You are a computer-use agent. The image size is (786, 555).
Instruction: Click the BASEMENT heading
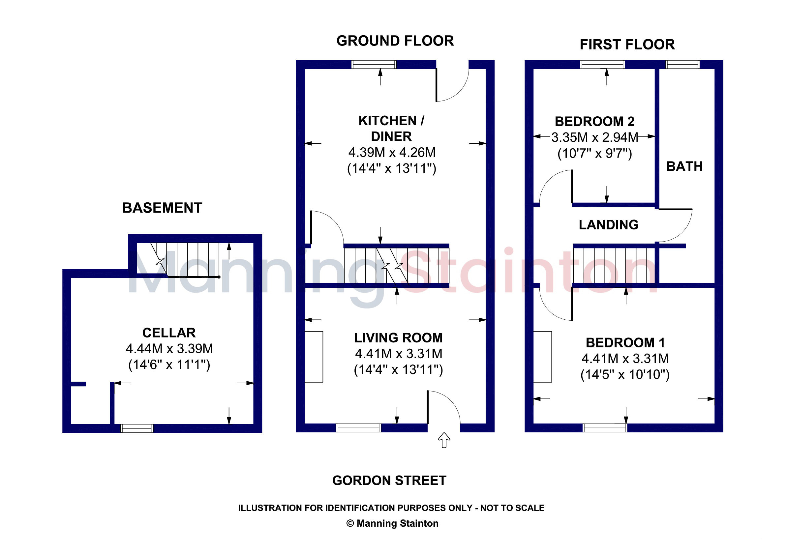pyautogui.click(x=162, y=208)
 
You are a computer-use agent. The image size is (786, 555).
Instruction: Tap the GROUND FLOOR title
pyautogui.click(x=395, y=41)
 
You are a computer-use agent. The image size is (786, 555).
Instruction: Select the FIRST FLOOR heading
pyautogui.click(x=627, y=44)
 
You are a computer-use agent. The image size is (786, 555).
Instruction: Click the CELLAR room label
pyautogui.click(x=169, y=333)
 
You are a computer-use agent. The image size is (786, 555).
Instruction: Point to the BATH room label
pyautogui.click(x=685, y=166)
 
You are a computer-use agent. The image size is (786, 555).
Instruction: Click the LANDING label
pyautogui.click(x=609, y=225)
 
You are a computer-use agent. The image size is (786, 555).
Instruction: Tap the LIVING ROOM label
pyautogui.click(x=399, y=338)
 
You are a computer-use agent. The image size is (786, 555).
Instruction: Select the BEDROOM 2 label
pyautogui.click(x=595, y=122)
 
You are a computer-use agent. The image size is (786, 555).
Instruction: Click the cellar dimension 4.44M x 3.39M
pyautogui.click(x=169, y=349)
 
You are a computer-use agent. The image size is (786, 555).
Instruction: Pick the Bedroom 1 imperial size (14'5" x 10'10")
pyautogui.click(x=625, y=374)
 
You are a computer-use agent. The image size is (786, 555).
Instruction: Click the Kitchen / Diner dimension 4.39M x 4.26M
pyautogui.click(x=392, y=152)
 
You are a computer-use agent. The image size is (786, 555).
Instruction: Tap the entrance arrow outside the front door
pyautogui.click(x=444, y=440)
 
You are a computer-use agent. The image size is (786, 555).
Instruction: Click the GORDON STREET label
pyautogui.click(x=389, y=481)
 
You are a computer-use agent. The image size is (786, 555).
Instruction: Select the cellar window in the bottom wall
pyautogui.click(x=137, y=428)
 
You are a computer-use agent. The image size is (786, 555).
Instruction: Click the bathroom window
pyautogui.click(x=682, y=64)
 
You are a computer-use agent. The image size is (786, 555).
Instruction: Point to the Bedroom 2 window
pyautogui.click(x=603, y=64)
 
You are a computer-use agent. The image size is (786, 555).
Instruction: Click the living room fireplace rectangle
pyautogui.click(x=314, y=357)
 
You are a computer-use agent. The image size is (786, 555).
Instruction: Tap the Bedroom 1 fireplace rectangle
pyautogui.click(x=543, y=357)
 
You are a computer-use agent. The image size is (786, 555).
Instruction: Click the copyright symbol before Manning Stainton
pyautogui.click(x=350, y=523)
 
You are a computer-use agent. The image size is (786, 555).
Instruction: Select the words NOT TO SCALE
pyautogui.click(x=512, y=508)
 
